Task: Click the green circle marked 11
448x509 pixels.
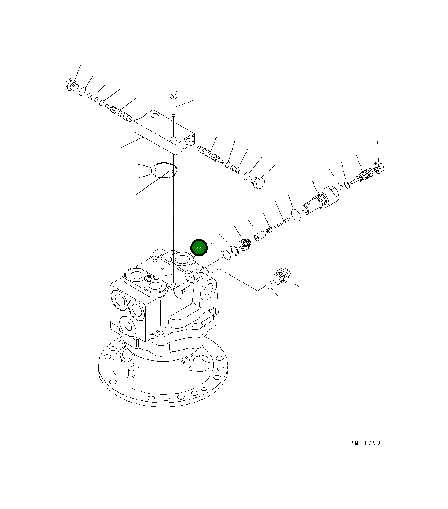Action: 199,248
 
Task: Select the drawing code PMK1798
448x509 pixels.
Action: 365,443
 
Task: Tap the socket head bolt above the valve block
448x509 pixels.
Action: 174,103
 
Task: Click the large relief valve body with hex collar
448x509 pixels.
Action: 321,200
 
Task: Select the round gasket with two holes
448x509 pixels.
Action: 164,171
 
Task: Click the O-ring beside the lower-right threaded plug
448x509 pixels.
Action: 268,284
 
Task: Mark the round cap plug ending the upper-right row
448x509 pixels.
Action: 258,182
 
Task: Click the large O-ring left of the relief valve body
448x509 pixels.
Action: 296,214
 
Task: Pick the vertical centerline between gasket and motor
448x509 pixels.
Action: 174,222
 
